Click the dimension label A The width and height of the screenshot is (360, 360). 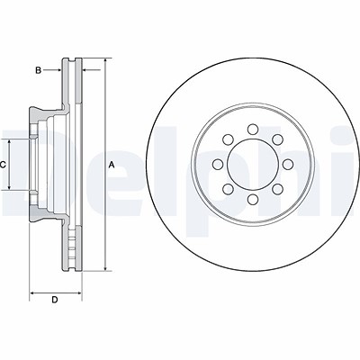pos(112,165)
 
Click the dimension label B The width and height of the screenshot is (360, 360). pos(39,70)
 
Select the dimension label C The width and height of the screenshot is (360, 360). pos(3,165)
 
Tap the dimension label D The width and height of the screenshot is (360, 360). pos(55,300)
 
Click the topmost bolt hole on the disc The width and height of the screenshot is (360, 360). pos(253,129)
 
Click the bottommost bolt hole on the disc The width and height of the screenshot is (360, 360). pos(253,199)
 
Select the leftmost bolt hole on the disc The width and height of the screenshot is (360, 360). pos(218,164)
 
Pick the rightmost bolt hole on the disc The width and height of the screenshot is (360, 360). pos(288,164)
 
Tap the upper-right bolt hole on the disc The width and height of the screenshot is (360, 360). pos(278,139)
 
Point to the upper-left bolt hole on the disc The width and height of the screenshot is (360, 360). pos(228,139)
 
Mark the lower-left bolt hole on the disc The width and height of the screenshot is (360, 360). pos(228,189)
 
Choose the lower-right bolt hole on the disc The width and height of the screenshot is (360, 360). pos(278,189)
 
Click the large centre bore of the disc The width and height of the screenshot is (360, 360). pos(253,164)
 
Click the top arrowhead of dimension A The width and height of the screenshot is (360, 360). pos(105,61)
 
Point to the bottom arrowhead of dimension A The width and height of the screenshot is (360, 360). pos(105,267)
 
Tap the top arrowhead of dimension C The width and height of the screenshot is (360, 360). pos(9,142)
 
